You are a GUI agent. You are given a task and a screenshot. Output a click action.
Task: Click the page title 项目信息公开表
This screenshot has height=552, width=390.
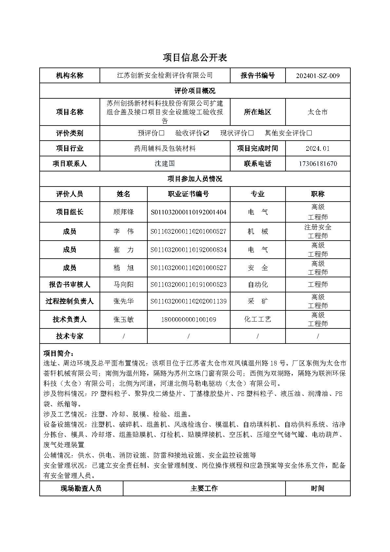click(195, 58)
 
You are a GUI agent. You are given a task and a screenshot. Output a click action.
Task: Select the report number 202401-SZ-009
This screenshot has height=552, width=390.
click(318, 76)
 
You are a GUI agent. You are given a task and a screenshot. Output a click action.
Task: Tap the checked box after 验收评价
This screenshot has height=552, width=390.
click(206, 133)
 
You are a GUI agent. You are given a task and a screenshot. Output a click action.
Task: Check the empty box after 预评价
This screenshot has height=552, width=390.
click(161, 133)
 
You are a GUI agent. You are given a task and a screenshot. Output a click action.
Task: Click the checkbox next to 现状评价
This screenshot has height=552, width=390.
click(251, 133)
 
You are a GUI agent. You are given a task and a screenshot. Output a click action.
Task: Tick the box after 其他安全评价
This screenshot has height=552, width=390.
click(309, 133)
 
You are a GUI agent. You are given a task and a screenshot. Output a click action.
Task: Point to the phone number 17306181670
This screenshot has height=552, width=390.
click(318, 164)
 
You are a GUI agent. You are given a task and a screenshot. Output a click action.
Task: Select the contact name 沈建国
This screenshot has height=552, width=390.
click(165, 164)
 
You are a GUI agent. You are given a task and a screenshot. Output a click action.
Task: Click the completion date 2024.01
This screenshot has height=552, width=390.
click(318, 148)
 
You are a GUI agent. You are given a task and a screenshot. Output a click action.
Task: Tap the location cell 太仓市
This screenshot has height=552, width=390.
click(318, 112)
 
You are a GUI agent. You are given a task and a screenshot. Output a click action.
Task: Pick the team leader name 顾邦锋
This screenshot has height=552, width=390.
click(123, 212)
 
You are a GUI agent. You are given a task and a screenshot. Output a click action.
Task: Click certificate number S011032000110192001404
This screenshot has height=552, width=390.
click(188, 212)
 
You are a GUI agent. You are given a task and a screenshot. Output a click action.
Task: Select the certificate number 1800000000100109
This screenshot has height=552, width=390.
click(188, 320)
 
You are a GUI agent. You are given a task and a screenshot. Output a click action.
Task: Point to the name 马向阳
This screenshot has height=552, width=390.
click(123, 285)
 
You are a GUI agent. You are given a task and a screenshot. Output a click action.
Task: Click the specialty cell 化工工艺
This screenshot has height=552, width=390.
click(258, 319)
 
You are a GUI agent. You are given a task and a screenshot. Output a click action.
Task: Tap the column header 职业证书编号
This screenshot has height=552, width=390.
click(188, 194)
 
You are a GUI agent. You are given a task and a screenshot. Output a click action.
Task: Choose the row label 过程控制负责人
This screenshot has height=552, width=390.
click(69, 301)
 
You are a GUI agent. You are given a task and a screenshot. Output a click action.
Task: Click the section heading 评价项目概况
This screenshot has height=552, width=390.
click(195, 91)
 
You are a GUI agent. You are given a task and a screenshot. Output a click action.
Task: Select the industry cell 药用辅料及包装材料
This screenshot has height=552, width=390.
click(165, 148)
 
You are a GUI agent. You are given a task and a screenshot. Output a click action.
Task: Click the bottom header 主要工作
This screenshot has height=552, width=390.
click(204, 488)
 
